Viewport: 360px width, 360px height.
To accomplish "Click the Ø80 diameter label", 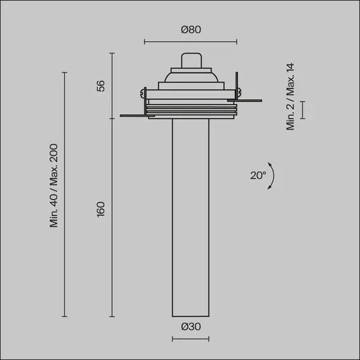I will coord(190,30).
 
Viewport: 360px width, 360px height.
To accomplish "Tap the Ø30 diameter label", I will coord(190,327).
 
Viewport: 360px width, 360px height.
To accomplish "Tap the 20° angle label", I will coord(258,176).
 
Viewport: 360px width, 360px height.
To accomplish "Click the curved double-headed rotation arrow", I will coord(272,179).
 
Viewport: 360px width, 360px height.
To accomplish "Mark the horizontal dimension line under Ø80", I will coord(190,42).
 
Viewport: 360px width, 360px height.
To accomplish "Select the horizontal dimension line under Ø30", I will coord(190,339).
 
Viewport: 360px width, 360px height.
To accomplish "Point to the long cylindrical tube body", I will coord(190,215).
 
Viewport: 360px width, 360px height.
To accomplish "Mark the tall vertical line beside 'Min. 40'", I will coord(64,194).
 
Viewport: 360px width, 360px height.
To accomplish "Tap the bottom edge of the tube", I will coord(190,315).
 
